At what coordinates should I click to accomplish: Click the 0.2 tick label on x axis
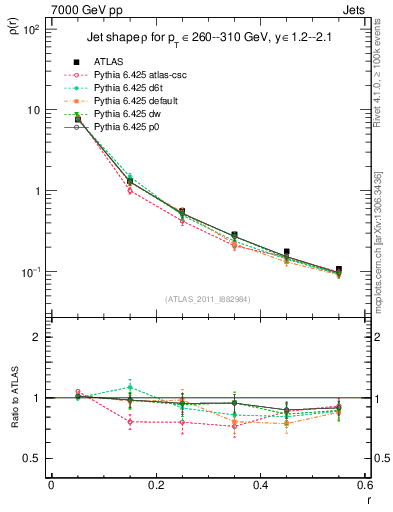156,485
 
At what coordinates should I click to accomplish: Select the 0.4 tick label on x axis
260,485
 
